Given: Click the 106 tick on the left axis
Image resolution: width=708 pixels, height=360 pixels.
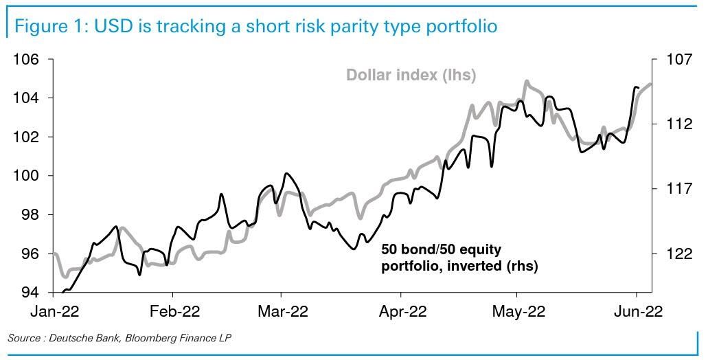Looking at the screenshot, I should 25,59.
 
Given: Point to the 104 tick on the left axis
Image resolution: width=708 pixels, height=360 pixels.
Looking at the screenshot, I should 25,98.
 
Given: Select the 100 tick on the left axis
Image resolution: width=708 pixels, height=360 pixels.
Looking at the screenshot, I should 25,176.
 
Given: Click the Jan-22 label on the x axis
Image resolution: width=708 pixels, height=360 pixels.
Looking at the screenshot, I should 55,312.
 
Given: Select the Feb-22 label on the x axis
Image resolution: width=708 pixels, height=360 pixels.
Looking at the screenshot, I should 174,312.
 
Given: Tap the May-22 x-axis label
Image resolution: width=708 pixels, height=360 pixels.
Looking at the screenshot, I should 519,312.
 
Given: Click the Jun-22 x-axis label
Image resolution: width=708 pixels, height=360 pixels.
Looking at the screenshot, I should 638,312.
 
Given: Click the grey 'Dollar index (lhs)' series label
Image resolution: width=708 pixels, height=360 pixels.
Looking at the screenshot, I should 411,75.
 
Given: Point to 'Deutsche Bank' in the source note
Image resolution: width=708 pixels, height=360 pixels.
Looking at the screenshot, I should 87,338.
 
